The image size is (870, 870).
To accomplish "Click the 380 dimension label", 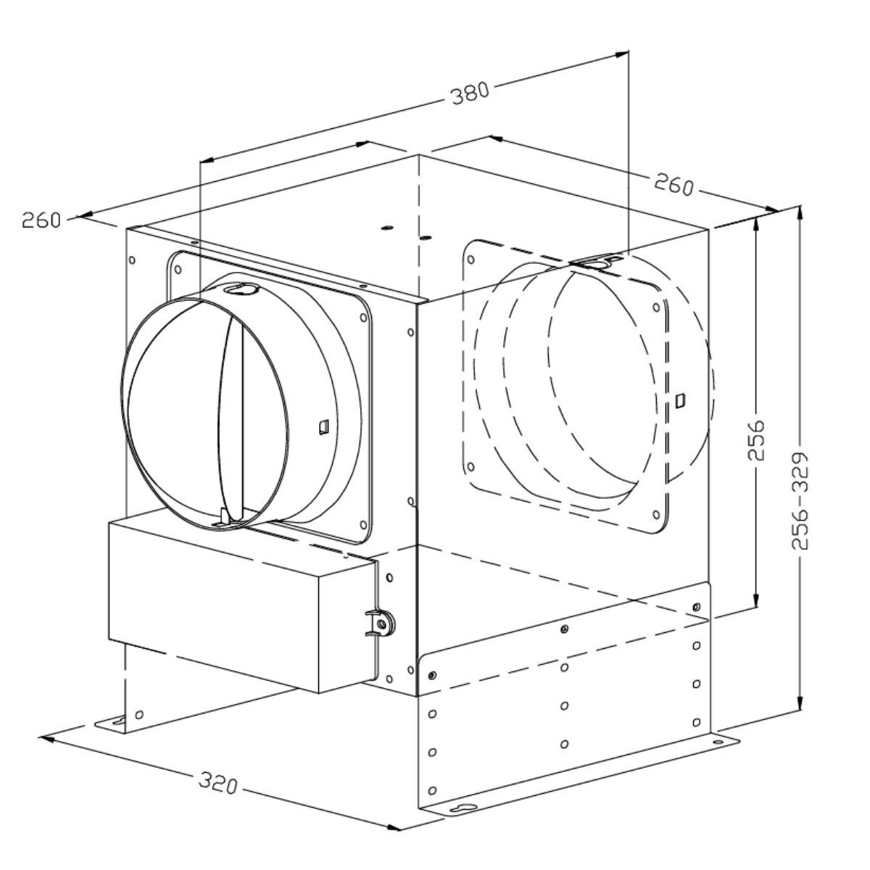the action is [471, 93].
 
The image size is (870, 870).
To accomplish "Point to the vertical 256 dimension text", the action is [755, 441].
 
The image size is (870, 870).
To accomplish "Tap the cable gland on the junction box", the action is [382, 623].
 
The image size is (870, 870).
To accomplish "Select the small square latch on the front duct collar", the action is [323, 426].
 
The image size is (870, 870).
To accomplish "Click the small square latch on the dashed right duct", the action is [680, 400].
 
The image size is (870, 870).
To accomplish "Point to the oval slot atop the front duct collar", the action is [241, 288].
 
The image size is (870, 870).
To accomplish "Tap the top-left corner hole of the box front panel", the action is [132, 260].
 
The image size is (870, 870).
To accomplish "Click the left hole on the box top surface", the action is [386, 228].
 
